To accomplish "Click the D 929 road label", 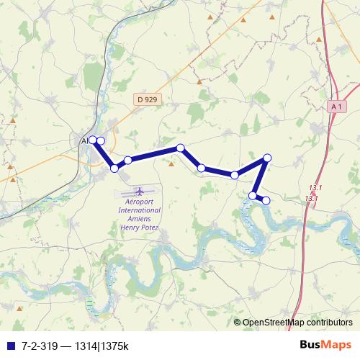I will point(145,99).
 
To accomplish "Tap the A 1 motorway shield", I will point(336,107).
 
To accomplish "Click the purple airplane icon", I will point(139,192).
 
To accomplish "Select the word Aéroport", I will point(139,202).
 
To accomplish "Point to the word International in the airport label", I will point(139,210).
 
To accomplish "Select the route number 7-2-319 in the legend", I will point(40,344).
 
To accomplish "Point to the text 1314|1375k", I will point(101,344).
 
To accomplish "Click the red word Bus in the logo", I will point(312,343).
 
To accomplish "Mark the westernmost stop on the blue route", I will point(93,140).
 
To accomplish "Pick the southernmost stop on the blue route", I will point(266,200).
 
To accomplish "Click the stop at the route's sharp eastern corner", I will point(267,158).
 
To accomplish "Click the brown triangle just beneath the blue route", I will point(171,163).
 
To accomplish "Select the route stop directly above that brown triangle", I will point(181,148).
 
